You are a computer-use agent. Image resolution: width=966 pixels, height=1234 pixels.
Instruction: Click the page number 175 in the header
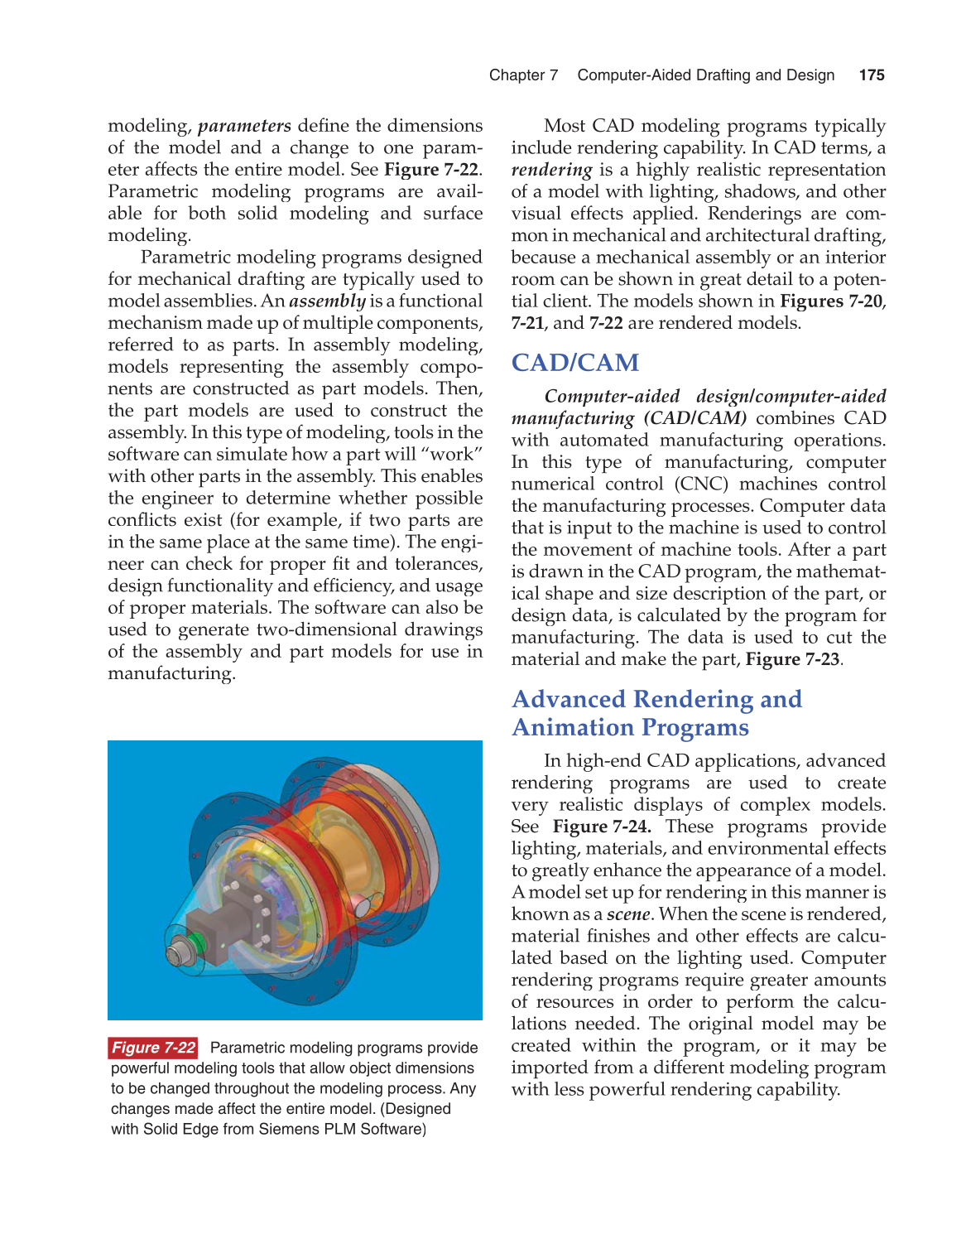[x=872, y=75]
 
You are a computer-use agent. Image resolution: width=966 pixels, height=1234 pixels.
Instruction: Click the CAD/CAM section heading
[x=574, y=363]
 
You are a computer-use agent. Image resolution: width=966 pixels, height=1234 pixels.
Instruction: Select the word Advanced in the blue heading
[x=569, y=699]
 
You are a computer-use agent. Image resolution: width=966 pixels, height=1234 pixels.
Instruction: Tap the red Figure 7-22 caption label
[x=153, y=1048]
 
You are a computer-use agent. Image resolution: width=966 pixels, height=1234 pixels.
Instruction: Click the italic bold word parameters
[x=244, y=126]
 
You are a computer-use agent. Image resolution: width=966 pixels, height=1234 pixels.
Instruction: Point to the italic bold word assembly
[x=327, y=301]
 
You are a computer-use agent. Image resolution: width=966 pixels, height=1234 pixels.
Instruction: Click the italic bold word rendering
[x=551, y=170]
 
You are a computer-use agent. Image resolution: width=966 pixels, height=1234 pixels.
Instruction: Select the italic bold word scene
[x=627, y=914]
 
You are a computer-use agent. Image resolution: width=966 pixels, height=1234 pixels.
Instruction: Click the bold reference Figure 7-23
[x=792, y=659]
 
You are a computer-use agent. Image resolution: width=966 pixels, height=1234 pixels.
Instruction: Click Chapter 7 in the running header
[x=523, y=75]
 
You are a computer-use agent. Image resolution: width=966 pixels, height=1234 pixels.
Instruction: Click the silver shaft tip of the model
[x=175, y=954]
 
